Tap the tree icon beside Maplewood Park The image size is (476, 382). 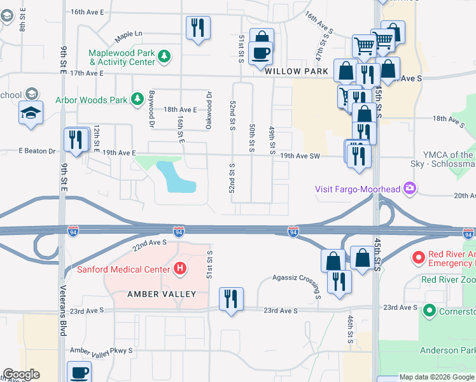pyautogui.click(x=165, y=57)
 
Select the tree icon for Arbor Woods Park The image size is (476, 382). pyautogui.click(x=137, y=99)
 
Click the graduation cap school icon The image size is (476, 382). pyautogui.click(x=31, y=113)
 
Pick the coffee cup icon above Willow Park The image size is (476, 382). pyautogui.click(x=261, y=52)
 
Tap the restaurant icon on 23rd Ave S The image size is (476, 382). pyautogui.click(x=230, y=299)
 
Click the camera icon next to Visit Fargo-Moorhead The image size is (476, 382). pyautogui.click(x=410, y=188)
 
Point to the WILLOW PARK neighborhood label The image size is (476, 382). pyautogui.click(x=297, y=71)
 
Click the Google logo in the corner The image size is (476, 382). pyautogui.click(x=20, y=374)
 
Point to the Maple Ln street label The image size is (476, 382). pyautogui.click(x=129, y=34)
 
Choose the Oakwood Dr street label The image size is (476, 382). pyautogui.click(x=209, y=110)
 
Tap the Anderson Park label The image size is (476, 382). pyautogui.click(x=447, y=350)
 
